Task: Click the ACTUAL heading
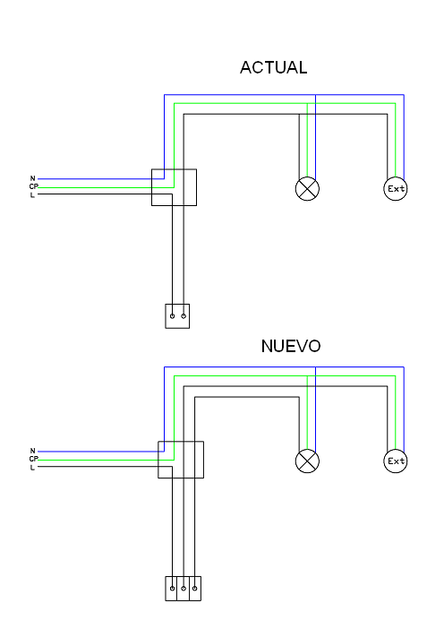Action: (x=274, y=67)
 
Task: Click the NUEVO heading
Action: (x=291, y=346)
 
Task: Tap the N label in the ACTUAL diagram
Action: (x=32, y=178)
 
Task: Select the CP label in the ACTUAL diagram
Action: (x=34, y=186)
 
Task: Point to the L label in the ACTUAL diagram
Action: (x=32, y=195)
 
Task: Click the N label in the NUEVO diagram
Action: (x=32, y=451)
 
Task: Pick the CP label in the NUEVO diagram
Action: (x=34, y=459)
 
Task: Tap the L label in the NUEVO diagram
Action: (x=32, y=468)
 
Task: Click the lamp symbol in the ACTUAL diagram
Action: (x=307, y=188)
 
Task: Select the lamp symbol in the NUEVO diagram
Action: (x=307, y=461)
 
